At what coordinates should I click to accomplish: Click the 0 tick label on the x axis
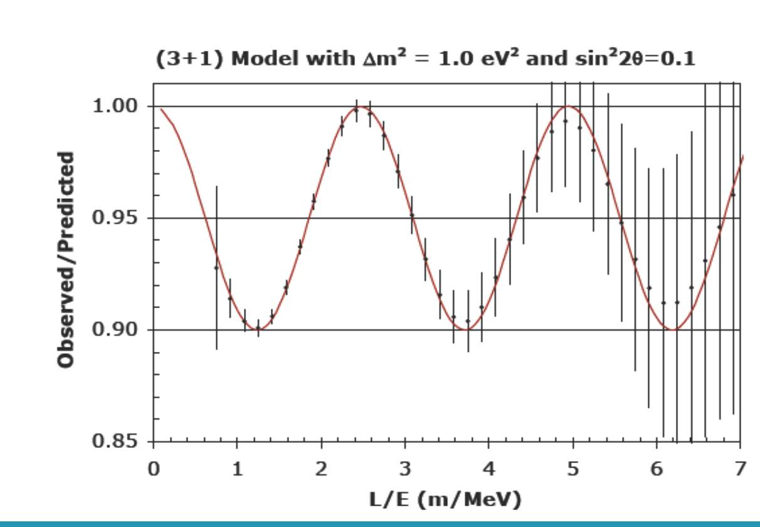point(154,469)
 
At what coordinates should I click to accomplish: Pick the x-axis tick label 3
point(405,469)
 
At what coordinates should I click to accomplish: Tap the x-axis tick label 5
point(573,469)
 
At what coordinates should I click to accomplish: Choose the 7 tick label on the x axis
point(741,469)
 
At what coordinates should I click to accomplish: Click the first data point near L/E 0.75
point(216,268)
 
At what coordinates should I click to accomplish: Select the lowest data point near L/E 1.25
point(258,327)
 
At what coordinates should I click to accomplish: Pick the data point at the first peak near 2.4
point(356,110)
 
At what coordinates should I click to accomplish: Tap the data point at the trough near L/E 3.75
point(468,321)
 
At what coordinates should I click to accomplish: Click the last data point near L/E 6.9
point(733,194)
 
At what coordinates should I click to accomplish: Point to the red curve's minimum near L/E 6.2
point(673,330)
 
